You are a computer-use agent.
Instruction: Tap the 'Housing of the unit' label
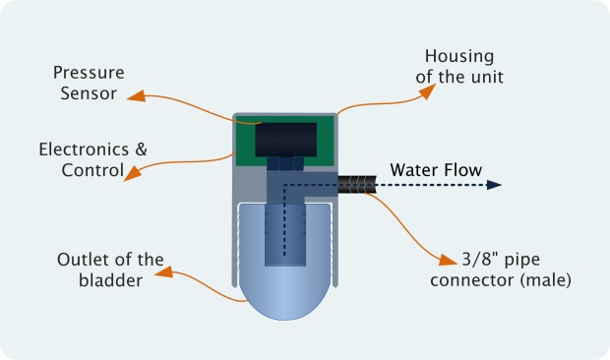(x=458, y=67)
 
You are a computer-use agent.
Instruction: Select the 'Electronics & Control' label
(x=92, y=159)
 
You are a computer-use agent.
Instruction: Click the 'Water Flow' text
(x=436, y=170)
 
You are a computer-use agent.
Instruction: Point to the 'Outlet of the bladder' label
(x=110, y=270)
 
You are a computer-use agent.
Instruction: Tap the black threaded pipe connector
(x=360, y=184)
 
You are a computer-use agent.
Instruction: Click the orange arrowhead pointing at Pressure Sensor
(x=137, y=95)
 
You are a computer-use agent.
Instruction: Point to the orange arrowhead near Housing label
(x=428, y=90)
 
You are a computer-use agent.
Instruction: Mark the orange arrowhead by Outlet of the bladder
(x=165, y=270)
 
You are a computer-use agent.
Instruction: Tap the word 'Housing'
(x=458, y=57)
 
